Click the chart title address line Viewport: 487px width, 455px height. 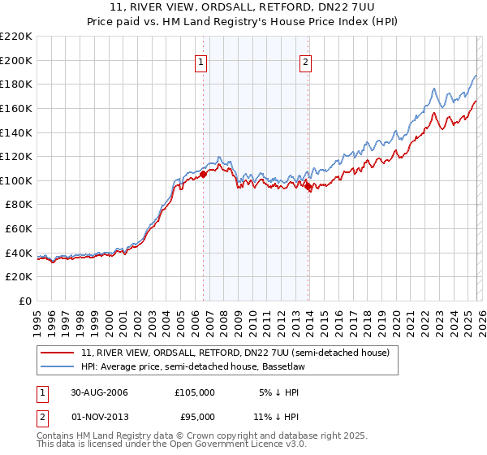point(243,9)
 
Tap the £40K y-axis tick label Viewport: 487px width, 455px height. point(19,253)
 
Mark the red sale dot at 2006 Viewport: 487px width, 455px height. point(204,174)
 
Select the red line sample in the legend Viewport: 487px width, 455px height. point(58,353)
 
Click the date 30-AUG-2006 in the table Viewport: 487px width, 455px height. point(99,392)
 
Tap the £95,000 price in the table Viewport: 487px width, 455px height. point(195,417)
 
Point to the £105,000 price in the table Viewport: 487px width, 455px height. point(195,392)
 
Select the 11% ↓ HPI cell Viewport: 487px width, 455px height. point(277,417)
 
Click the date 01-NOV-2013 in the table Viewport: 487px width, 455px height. point(99,417)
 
